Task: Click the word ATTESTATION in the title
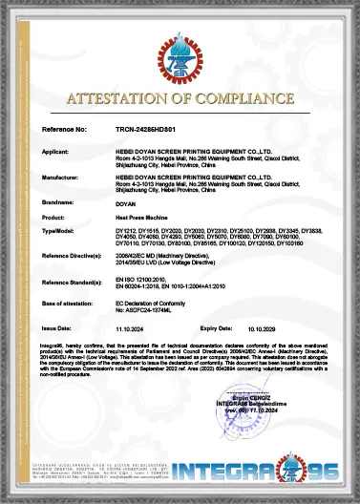pyautogui.click(x=122, y=97)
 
